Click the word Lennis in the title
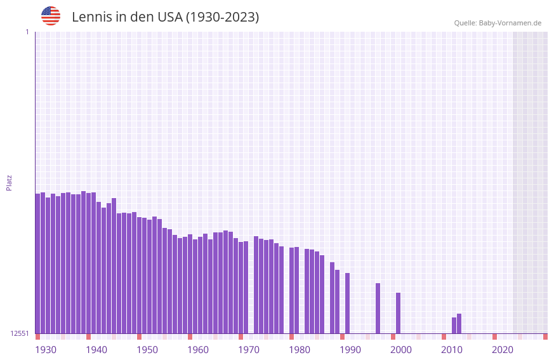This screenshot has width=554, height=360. click(91, 17)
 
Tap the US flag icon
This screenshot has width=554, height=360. click(51, 16)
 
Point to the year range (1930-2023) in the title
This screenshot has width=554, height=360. click(222, 17)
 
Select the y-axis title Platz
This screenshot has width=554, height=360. click(9, 182)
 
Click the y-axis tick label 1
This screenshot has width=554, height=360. click(27, 32)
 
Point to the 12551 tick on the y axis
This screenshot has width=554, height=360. click(21, 333)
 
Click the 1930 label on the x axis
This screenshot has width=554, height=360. click(46, 350)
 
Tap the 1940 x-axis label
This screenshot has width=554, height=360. click(96, 350)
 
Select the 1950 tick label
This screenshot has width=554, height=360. click(147, 350)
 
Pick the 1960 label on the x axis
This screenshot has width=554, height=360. click(198, 350)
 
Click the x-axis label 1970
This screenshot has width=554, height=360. click(249, 350)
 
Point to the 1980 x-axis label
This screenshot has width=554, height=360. click(300, 350)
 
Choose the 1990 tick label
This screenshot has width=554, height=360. click(350, 350)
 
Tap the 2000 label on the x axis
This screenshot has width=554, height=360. click(401, 350)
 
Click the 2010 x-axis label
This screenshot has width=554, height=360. click(452, 350)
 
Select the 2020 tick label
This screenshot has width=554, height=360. click(503, 350)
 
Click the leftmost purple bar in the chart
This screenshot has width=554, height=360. click(37, 263)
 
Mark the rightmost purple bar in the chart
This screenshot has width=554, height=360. click(459, 323)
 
